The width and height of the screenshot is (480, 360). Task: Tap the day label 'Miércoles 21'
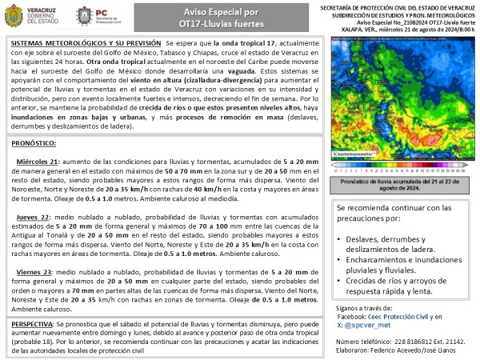click(x=38, y=161)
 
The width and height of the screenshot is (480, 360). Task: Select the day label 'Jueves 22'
click(x=34, y=218)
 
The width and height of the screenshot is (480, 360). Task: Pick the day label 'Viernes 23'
click(x=35, y=273)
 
